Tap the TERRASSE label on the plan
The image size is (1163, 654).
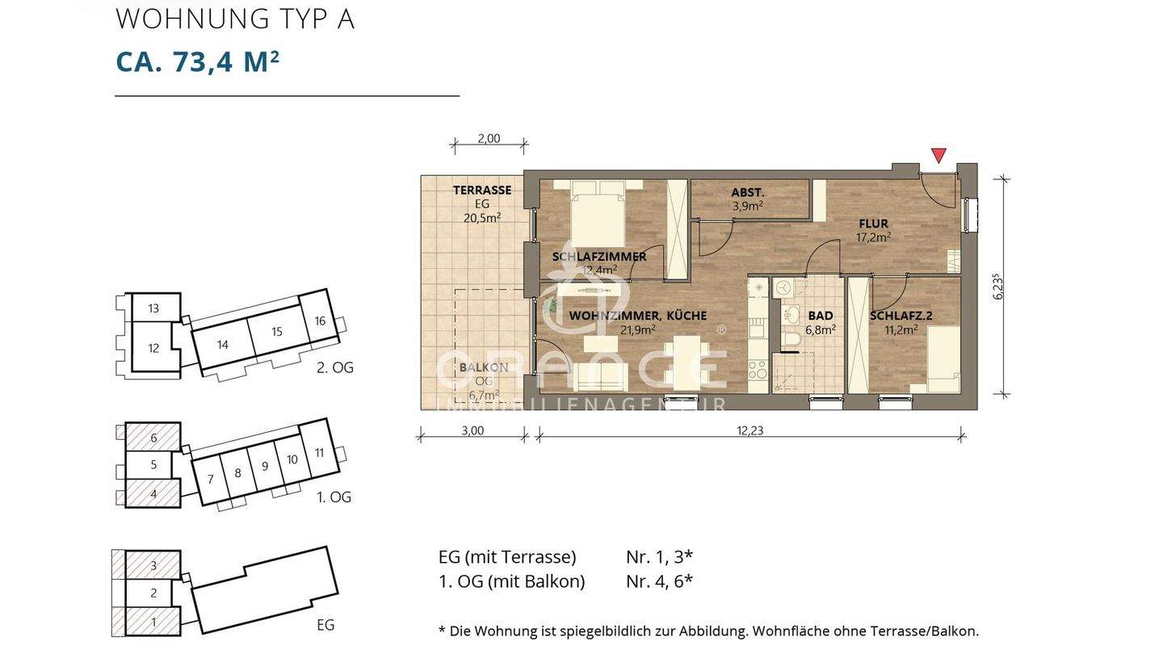[x=481, y=191]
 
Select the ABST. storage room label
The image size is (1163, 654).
[x=747, y=193]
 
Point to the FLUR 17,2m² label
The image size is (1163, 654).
[x=873, y=230]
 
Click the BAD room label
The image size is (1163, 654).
[x=820, y=317]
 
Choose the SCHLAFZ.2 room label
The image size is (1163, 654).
[x=901, y=317]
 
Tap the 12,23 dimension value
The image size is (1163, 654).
[x=749, y=431]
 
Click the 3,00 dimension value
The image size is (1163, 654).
[x=472, y=431]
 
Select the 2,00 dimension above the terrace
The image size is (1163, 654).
[x=489, y=139]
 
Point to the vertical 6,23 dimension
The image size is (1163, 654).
[x=998, y=287]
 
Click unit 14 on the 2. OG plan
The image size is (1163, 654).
[x=223, y=345]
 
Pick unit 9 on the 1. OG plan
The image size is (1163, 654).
[x=264, y=466]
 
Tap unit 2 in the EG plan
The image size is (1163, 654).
[x=153, y=593]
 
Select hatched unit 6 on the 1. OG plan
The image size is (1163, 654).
[x=153, y=438]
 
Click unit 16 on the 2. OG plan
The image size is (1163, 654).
[x=320, y=321]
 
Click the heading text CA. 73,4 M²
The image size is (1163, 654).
[x=197, y=61]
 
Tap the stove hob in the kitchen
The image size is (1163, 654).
[x=758, y=370]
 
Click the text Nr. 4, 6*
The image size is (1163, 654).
[x=659, y=581]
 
